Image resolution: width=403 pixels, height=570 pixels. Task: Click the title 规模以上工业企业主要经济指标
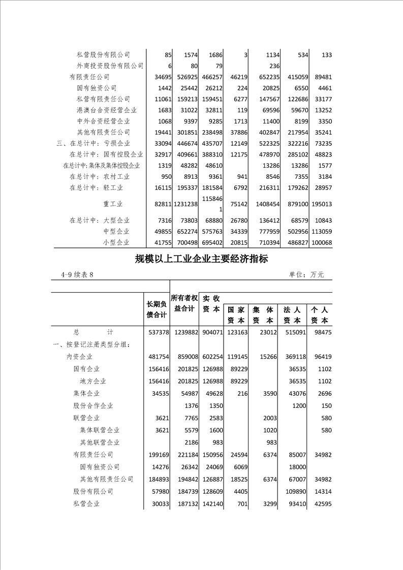click(201, 259)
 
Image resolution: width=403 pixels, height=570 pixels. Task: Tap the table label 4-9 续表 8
click(77, 275)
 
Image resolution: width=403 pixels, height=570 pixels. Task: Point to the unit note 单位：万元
click(306, 275)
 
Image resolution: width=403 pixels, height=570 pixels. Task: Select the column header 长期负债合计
click(157, 309)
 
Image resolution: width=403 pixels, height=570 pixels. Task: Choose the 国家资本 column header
click(236, 315)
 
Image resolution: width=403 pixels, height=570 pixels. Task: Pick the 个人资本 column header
click(320, 315)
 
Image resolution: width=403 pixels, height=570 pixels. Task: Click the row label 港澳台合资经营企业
click(107, 110)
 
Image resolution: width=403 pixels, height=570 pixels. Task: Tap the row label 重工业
click(113, 204)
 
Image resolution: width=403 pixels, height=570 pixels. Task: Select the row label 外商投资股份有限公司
click(110, 66)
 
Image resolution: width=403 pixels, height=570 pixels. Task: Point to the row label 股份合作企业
click(93, 405)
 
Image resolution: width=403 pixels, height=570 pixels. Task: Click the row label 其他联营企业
click(100, 442)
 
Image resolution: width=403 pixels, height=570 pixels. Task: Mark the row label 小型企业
click(116, 243)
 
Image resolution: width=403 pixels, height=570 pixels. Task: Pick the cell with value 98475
click(322, 332)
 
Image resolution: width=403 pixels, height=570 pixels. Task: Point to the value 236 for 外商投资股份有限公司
click(274, 66)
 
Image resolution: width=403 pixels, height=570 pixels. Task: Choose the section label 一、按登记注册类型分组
click(91, 345)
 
